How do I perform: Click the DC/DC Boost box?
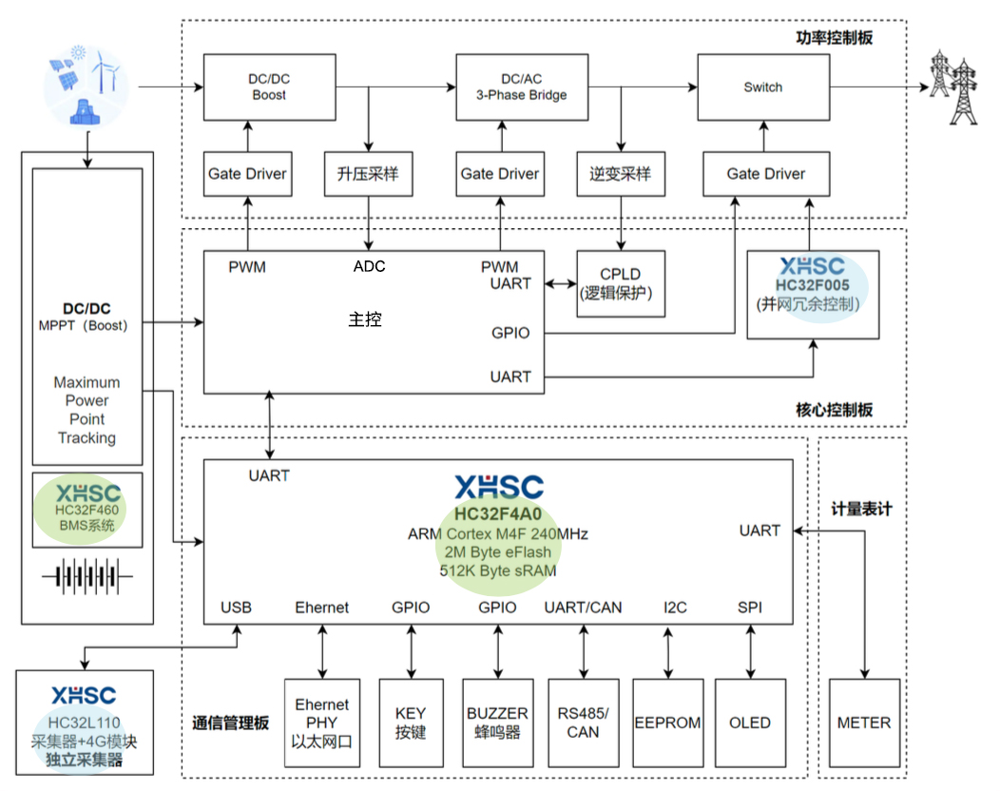269,87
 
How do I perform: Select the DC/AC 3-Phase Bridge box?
521,87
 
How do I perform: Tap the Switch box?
762,87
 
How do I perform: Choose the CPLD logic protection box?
621,283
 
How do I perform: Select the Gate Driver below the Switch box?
765,174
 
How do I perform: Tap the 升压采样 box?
368,174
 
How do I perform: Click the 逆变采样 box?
621,174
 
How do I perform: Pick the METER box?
864,723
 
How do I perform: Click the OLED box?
750,723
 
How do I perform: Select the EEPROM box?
667,723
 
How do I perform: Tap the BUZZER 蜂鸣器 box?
497,723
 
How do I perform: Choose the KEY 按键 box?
411,723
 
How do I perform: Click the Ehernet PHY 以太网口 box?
322,723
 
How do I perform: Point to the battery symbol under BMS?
87,577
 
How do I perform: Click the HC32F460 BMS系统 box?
87,510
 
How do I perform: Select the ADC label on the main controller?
369,266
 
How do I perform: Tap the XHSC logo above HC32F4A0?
498,488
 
